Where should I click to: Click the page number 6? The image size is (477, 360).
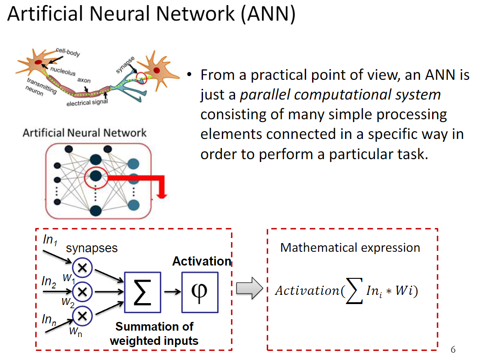coord(453,350)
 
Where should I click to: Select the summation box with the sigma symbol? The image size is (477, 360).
coord(143,291)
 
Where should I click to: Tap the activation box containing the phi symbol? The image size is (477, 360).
coord(200,291)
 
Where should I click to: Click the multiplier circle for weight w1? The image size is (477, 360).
coord(82,268)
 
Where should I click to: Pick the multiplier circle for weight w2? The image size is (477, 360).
coord(82,291)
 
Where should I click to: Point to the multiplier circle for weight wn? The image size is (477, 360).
coord(82,315)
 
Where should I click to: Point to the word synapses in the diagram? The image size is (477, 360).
coord(92,248)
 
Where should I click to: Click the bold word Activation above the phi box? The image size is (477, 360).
coord(202,261)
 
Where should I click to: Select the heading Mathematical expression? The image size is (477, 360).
coord(350,248)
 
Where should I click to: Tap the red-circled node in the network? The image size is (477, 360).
coord(96,176)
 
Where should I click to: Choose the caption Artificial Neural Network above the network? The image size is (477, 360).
coord(85,133)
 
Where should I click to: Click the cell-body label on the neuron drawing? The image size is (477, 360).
coord(68,52)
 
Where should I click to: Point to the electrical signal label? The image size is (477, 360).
coord(87,102)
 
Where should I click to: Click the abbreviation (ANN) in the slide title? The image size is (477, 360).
coord(267,15)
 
